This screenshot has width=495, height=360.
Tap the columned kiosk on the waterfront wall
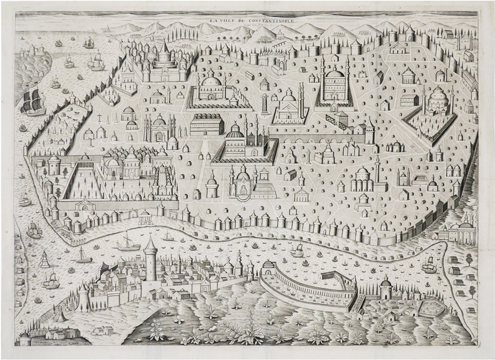click(x=145, y=217)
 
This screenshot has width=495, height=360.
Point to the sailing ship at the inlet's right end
click(x=429, y=265)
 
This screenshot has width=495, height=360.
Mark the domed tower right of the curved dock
click(x=386, y=287)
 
